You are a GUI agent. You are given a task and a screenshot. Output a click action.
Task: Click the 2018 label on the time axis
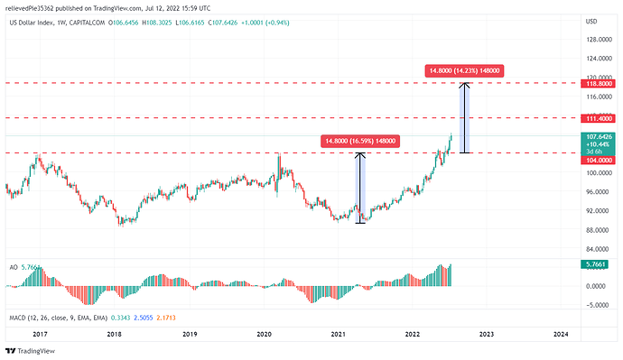pos(115,334)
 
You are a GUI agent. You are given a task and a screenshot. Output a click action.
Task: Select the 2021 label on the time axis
pos(338,334)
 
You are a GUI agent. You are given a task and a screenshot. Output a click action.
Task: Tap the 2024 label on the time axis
pos(560,334)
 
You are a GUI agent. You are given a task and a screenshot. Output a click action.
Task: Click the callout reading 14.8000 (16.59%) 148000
pos(358,141)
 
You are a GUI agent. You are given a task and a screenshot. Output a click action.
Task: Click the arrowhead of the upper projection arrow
pos(465,85)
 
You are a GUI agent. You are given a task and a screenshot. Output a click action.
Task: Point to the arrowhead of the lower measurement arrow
pos(360,155)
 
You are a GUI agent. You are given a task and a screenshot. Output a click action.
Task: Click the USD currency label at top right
pos(592,20)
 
